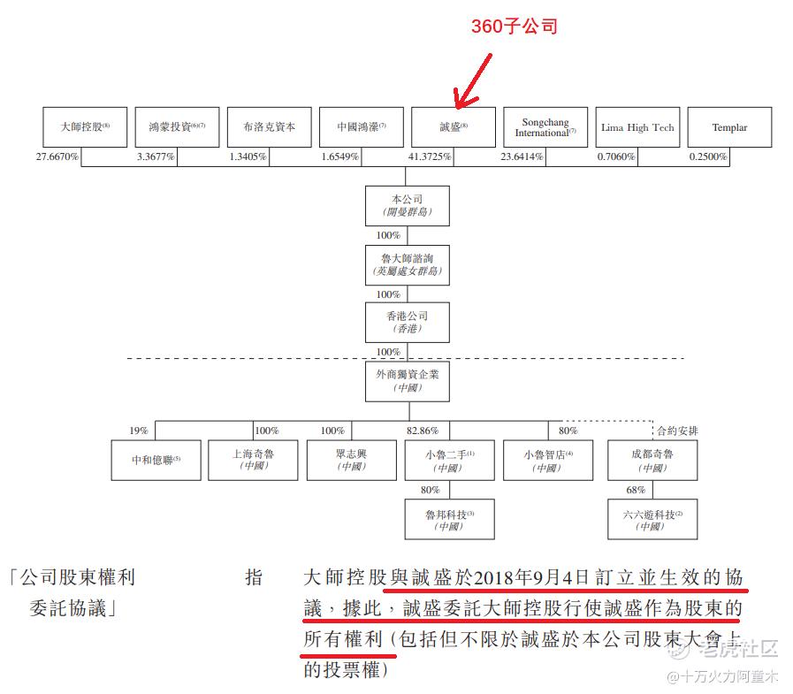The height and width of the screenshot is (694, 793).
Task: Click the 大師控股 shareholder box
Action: click(x=85, y=127)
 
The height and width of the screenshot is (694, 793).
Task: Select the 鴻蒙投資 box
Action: click(x=177, y=127)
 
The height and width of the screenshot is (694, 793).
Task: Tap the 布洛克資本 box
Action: click(x=269, y=127)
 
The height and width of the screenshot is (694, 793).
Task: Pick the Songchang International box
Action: click(x=545, y=127)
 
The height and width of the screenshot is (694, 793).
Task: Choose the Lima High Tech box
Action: click(x=637, y=127)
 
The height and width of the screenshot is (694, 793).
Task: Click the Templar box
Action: click(x=729, y=127)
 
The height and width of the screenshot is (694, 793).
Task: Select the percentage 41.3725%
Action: click(x=430, y=157)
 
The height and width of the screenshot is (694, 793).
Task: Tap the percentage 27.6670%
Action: click(x=57, y=157)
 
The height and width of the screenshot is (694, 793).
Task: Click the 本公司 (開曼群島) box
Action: click(x=407, y=206)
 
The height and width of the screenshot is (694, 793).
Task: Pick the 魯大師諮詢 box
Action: click(x=407, y=265)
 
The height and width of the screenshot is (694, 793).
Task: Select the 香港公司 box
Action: click(x=407, y=323)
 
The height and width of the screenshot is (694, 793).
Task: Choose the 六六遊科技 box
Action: click(x=652, y=519)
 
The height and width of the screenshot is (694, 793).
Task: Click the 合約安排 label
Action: click(x=677, y=431)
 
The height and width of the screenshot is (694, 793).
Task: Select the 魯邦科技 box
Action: click(x=449, y=519)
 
